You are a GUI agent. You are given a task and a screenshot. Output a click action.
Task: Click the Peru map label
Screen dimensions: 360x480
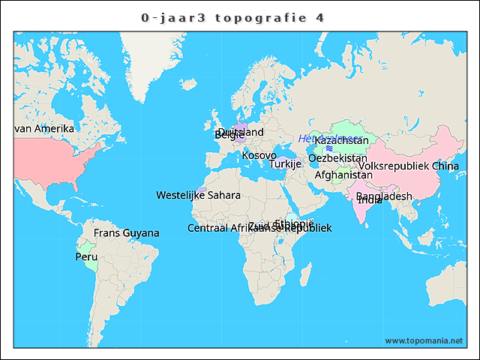pos(86,256)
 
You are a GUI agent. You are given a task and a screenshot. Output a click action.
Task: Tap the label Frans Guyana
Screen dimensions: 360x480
pos(126,233)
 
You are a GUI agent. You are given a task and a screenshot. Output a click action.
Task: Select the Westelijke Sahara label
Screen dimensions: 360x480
pos(198,195)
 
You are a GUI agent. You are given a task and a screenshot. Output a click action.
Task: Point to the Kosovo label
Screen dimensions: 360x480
pos(259,155)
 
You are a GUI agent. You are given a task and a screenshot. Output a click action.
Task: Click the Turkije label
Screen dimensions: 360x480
pos(285,163)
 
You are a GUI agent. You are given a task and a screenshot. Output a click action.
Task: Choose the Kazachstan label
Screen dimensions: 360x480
pos(341,140)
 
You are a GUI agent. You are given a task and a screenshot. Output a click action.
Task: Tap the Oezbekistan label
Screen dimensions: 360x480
pos(337,158)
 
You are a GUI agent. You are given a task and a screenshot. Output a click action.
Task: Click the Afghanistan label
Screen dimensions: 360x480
pos(343,175)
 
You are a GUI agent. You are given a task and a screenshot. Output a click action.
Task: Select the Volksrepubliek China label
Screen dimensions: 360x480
pos(409,166)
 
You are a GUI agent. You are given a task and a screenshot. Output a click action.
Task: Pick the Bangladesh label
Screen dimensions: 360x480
pos(384,196)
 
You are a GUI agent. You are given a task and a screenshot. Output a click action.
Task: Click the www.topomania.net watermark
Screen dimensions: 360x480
pos(424,340)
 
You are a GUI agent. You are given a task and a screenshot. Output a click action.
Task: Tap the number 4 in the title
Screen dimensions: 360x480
pos(320,17)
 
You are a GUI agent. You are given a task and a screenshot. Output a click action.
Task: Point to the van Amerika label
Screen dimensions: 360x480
pos(44,128)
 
